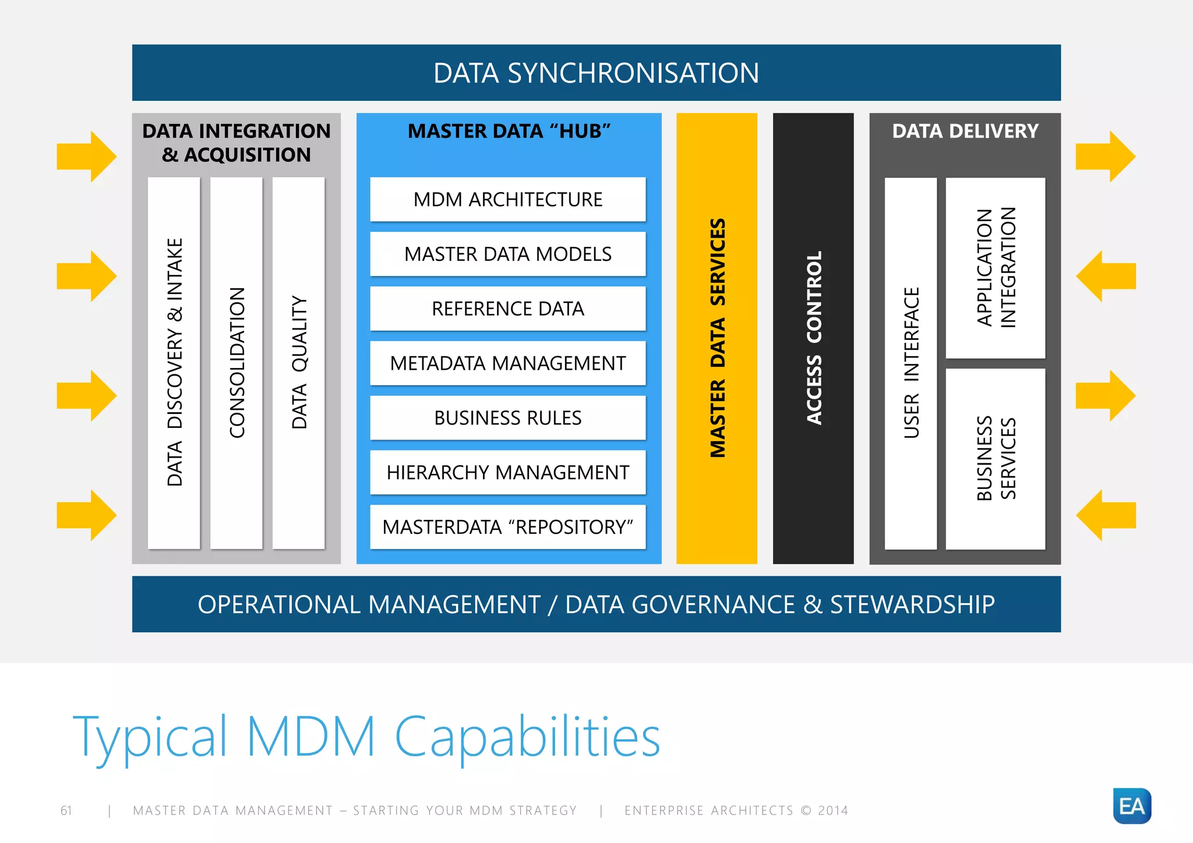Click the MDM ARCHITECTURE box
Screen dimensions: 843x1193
click(x=507, y=200)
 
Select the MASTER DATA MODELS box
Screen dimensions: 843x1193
click(x=507, y=254)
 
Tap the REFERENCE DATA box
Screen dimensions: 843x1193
click(x=507, y=309)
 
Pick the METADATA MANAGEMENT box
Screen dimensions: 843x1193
click(x=507, y=363)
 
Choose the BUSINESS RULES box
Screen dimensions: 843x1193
click(x=507, y=418)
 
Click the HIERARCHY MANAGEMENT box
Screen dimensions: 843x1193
click(x=507, y=472)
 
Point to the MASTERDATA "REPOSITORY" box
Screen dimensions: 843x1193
click(x=507, y=527)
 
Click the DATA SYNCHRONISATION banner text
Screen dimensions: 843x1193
click(x=596, y=73)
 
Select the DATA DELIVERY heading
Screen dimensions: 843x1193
click(x=965, y=131)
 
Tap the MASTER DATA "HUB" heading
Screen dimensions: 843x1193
click(x=509, y=131)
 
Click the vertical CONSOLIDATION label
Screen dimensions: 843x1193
click(x=237, y=362)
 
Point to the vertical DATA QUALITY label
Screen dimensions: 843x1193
click(x=299, y=362)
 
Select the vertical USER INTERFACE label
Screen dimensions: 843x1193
click(x=911, y=362)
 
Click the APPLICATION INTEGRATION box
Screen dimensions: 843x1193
click(x=996, y=268)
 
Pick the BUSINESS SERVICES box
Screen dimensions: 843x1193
click(x=996, y=458)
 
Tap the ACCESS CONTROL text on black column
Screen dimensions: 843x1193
click(x=814, y=338)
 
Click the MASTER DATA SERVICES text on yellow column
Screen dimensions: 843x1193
click(x=718, y=338)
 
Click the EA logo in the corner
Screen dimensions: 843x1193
click(x=1132, y=806)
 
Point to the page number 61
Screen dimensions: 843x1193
click(x=66, y=810)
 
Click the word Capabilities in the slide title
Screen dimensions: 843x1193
click(x=527, y=737)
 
